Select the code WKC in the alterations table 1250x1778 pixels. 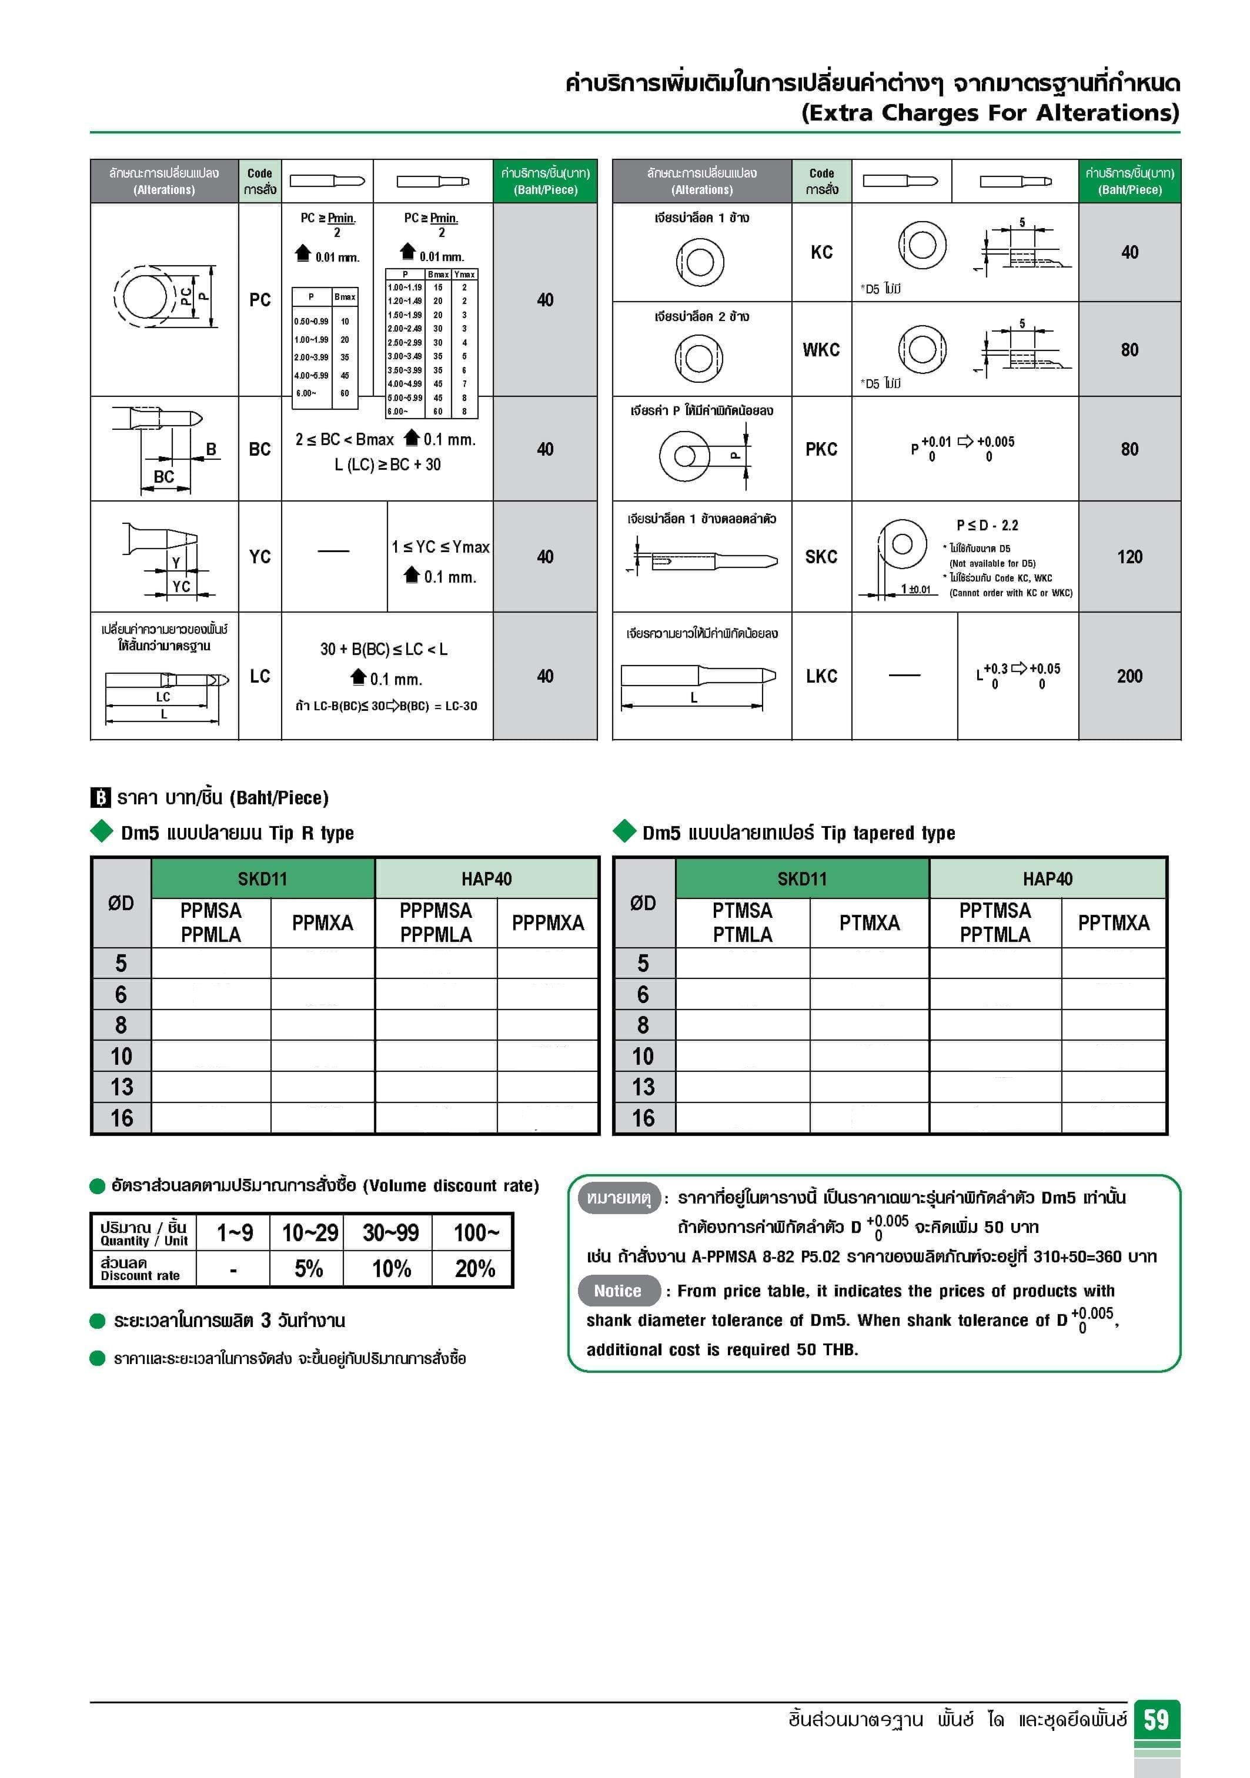821,350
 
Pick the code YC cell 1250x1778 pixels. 259,557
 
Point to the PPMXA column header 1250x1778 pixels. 322,923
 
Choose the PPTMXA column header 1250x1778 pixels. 1113,923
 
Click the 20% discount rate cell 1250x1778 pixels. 474,1268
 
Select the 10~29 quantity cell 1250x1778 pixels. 309,1232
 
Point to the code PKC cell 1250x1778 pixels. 821,449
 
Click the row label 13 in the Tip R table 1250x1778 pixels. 122,1087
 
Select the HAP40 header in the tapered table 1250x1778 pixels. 1047,879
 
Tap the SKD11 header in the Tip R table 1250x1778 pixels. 263,879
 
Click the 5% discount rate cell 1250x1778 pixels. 308,1268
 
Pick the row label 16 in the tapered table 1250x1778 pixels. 643,1118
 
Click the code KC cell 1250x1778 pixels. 821,252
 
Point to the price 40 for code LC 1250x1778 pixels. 544,676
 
